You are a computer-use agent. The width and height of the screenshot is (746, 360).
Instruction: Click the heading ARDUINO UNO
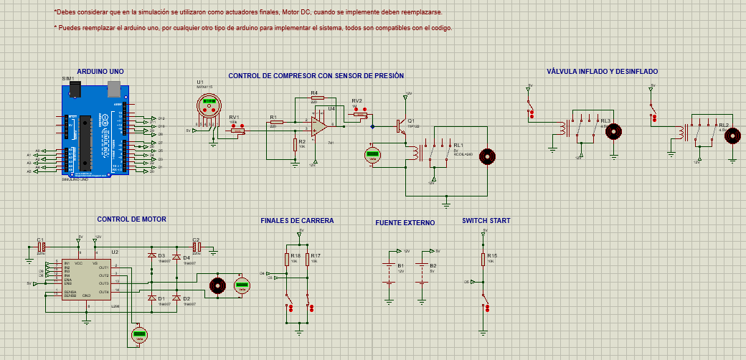[x=100, y=72]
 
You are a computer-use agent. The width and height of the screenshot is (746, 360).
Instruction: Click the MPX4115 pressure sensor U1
[x=209, y=107]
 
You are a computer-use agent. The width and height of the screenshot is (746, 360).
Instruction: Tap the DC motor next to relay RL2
[x=732, y=136]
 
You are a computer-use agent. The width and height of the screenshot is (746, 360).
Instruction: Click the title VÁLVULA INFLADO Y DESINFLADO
[x=602, y=72]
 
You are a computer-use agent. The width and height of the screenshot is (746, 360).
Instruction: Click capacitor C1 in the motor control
[x=41, y=247]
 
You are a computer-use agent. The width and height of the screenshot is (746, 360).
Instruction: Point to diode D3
[x=151, y=255]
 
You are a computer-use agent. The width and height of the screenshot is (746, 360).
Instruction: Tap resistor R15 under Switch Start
[x=484, y=259]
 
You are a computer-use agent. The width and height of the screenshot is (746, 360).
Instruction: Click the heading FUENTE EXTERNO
[x=405, y=223]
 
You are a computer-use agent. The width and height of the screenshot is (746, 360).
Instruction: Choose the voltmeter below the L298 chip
[x=139, y=334]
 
